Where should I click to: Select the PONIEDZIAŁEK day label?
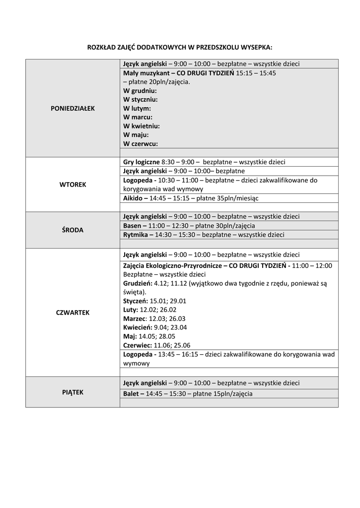(x=72, y=108)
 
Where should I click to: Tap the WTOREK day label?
(x=72, y=185)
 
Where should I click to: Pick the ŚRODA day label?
(x=72, y=230)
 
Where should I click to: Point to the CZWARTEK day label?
(x=72, y=313)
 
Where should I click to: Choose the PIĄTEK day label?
(x=72, y=392)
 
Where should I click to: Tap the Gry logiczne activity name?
(x=142, y=162)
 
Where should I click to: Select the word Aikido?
(x=133, y=198)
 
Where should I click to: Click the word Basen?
(x=132, y=226)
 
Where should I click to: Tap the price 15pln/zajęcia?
(x=233, y=394)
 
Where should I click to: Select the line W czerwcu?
(x=141, y=144)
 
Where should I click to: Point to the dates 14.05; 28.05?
(x=157, y=336)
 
